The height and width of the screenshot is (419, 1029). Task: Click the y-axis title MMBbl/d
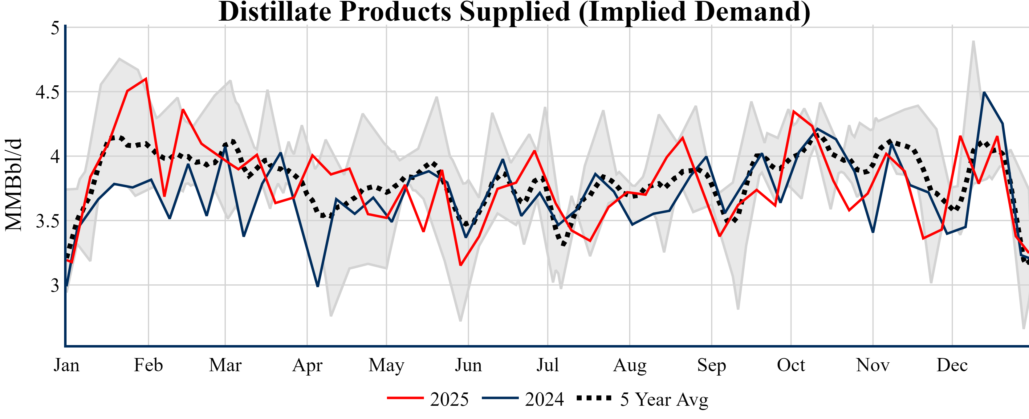14,185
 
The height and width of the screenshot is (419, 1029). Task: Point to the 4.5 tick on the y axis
47,92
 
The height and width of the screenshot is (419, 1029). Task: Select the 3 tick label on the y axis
55,286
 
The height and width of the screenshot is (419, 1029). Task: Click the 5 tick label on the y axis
55,28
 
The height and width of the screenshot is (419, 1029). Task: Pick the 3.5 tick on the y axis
47,221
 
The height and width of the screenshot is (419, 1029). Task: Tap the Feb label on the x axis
148,365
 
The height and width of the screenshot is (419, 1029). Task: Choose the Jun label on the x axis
468,365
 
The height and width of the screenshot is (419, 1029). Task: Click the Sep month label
711,365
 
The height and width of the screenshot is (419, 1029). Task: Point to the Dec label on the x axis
952,365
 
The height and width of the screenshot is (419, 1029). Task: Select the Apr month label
307,365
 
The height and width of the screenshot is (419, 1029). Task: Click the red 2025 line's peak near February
146,78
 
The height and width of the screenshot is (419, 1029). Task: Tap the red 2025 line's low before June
461,265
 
